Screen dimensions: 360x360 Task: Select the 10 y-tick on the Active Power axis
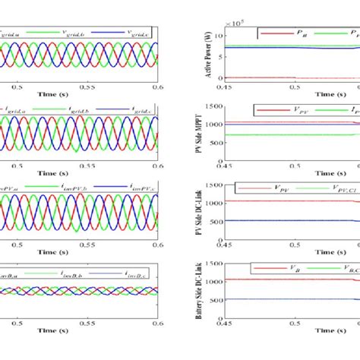pyautogui.click(x=219, y=36)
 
